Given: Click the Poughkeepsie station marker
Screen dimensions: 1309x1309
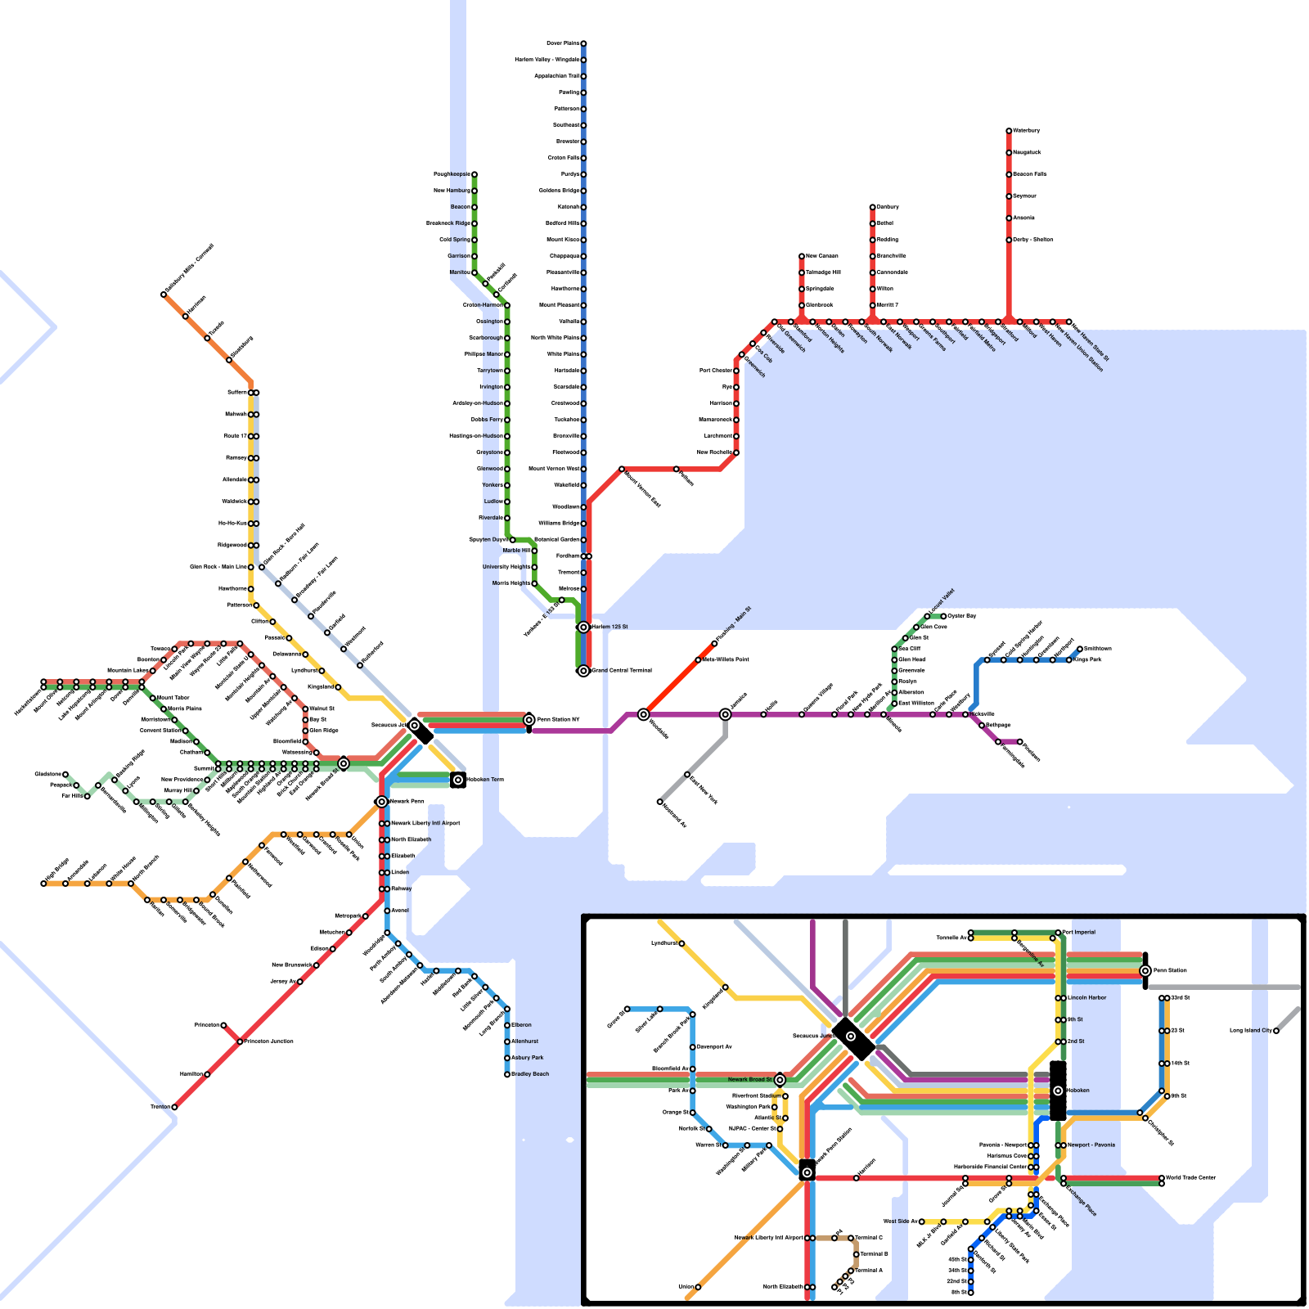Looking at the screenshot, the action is pyautogui.click(x=474, y=174).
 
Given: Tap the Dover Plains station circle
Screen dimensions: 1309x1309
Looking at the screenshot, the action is pyautogui.click(x=583, y=43).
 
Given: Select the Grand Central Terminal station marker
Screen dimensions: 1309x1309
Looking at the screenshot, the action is pyautogui.click(x=583, y=671).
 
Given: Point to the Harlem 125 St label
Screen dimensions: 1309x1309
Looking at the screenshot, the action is pyautogui.click(x=610, y=628).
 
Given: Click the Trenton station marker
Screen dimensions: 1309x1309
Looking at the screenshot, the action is pyautogui.click(x=174, y=1107).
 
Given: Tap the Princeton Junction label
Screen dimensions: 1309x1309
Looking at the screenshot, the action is pyautogui.click(x=269, y=1041).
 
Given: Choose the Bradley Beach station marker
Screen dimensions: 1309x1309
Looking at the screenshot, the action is pyautogui.click(x=507, y=1074).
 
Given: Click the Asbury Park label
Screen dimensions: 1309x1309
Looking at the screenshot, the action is pyautogui.click(x=528, y=1058).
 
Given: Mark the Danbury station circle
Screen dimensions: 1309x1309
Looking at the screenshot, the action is pyautogui.click(x=872, y=207).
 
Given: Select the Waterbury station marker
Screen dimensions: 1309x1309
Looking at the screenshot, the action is pyautogui.click(x=1009, y=131).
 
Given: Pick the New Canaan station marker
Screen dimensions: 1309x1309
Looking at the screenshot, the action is pyautogui.click(x=802, y=256).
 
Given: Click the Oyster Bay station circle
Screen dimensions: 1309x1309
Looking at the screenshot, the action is pyautogui.click(x=943, y=616).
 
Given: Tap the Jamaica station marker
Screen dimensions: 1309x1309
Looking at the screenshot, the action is pyautogui.click(x=725, y=714).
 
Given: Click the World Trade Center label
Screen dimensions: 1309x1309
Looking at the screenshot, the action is pyautogui.click(x=1191, y=1178).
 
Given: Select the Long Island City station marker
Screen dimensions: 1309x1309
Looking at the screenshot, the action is pyautogui.click(x=1276, y=1031).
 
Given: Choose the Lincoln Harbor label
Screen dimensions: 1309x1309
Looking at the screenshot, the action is pyautogui.click(x=1086, y=998).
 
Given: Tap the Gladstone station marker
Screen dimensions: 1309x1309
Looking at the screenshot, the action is pyautogui.click(x=65, y=774).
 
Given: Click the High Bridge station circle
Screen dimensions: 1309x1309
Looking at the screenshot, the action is pyautogui.click(x=43, y=884).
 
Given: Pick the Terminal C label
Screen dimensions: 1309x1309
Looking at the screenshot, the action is pyautogui.click(x=869, y=1238).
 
